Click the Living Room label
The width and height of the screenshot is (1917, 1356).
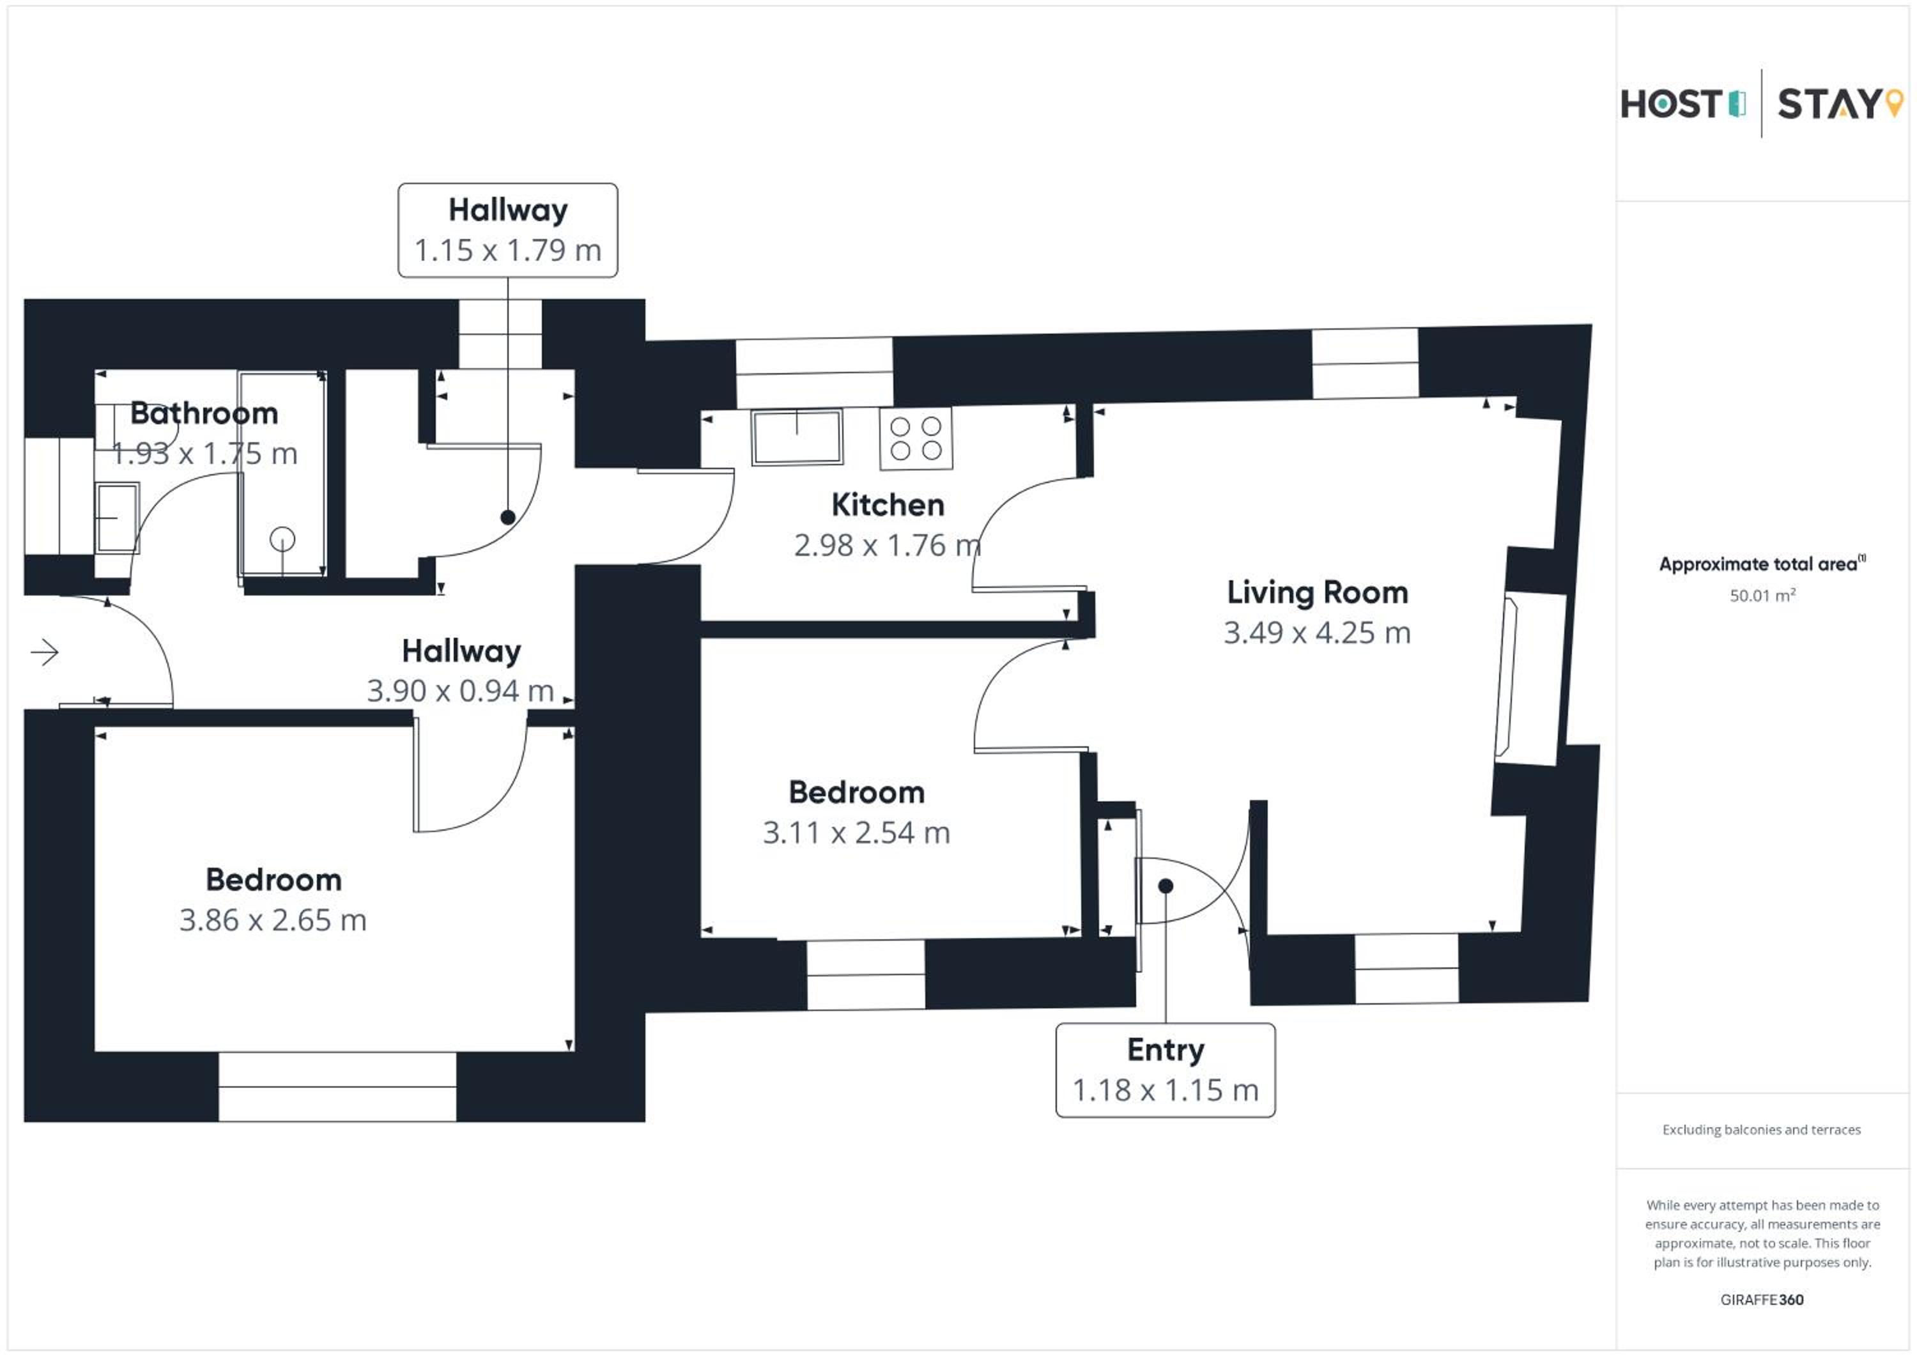(x=1318, y=593)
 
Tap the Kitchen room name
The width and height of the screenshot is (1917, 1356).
(x=888, y=505)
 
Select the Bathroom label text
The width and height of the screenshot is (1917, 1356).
(x=204, y=413)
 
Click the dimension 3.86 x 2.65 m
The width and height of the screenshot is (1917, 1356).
(x=273, y=920)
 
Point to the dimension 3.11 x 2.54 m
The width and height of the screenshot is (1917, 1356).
(x=857, y=833)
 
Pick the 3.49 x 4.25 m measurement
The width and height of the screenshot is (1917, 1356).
(x=1318, y=633)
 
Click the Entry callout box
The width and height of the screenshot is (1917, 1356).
(x=1166, y=1070)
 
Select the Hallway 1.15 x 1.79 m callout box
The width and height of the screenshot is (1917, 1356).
(x=507, y=231)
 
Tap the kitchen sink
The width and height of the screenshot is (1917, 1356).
(x=797, y=436)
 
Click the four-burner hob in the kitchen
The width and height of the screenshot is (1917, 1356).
(x=916, y=438)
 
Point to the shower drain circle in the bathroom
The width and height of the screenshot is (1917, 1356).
(x=282, y=539)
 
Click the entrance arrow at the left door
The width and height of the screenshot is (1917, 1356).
(x=44, y=651)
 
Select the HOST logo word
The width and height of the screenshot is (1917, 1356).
(x=1671, y=104)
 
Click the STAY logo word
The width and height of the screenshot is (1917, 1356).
(x=1828, y=104)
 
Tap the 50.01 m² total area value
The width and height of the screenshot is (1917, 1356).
(x=1762, y=596)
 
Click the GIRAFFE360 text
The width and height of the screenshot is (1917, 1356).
(x=1762, y=1300)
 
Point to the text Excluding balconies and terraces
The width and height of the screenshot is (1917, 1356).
(x=1762, y=1130)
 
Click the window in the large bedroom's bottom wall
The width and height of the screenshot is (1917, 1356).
(x=337, y=1086)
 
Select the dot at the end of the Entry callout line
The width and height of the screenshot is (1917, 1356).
(x=1166, y=886)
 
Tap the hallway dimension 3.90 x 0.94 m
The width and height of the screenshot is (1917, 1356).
(x=461, y=691)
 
